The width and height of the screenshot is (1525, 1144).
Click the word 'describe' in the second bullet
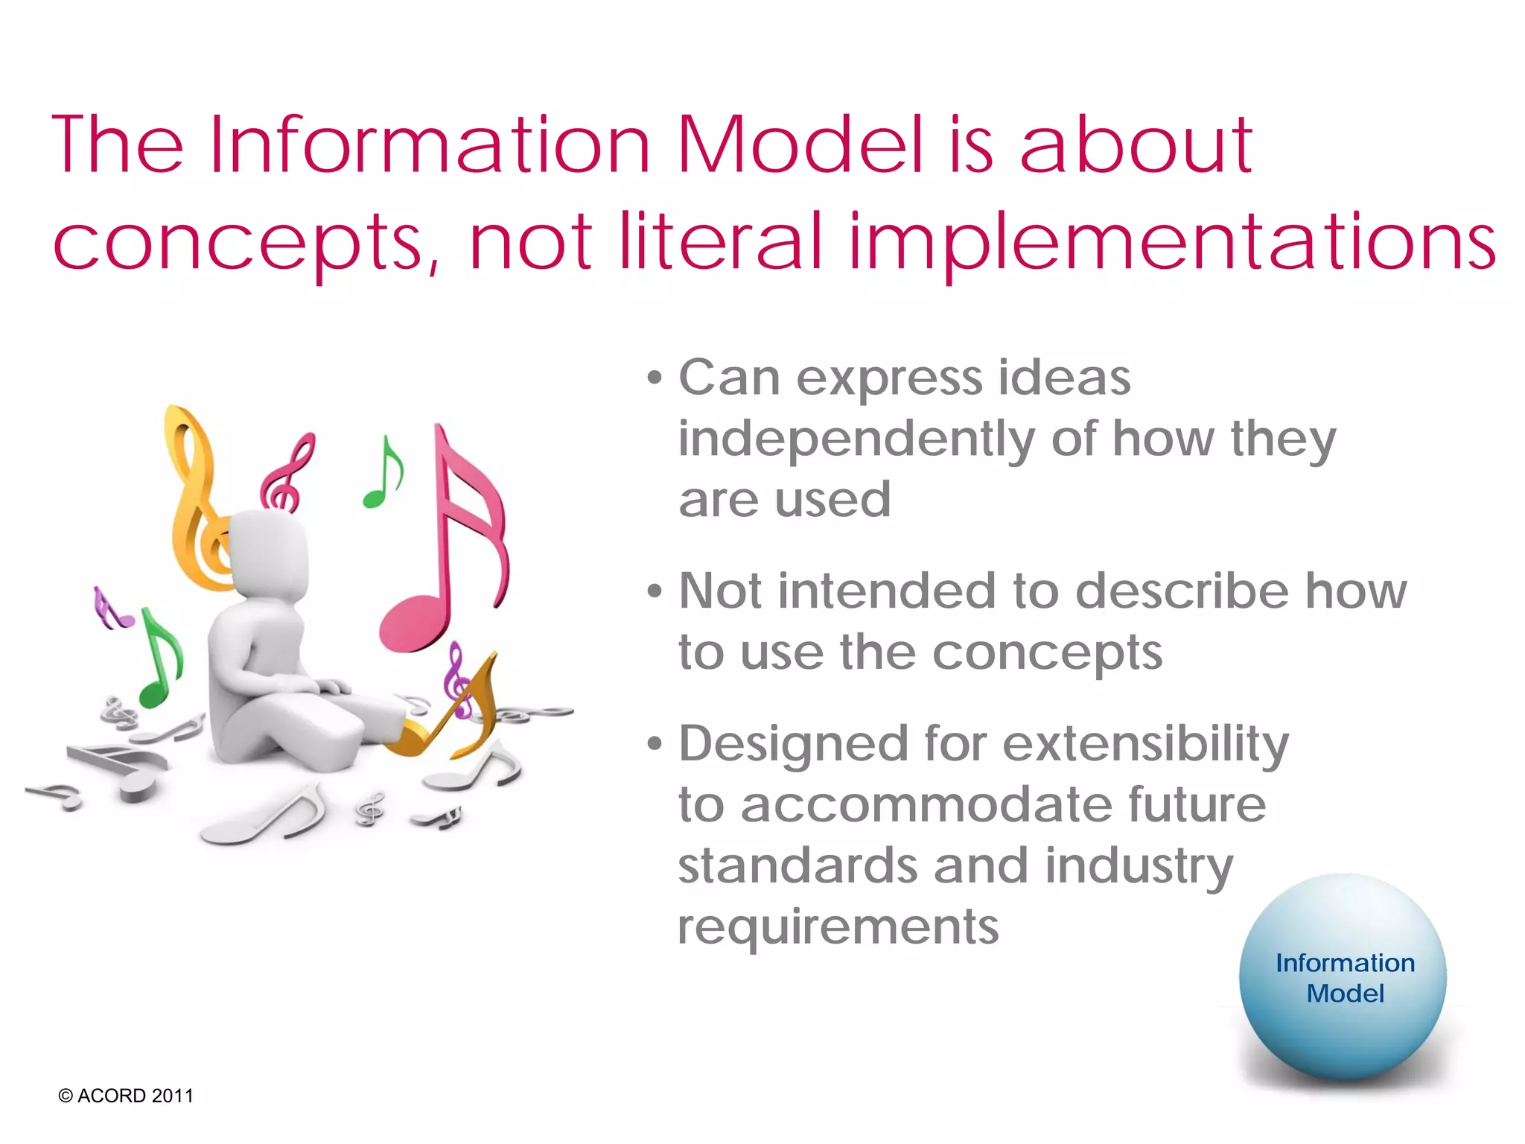tap(1182, 591)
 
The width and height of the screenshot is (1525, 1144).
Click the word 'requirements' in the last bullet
tap(838, 927)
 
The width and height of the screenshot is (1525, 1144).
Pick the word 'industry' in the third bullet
tap(1139, 867)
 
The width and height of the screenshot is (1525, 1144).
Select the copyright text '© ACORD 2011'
tap(126, 1096)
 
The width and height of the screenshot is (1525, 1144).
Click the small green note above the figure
tap(384, 474)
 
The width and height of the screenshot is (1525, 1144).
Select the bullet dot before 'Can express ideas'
tap(655, 378)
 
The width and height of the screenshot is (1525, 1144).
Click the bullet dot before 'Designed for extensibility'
tap(655, 744)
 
